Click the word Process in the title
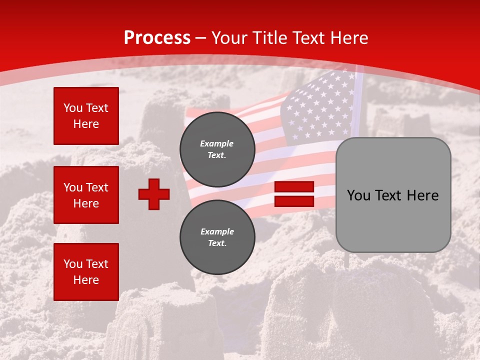pyautogui.click(x=157, y=38)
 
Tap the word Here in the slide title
pyautogui.click(x=347, y=38)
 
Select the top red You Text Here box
pyautogui.click(x=86, y=116)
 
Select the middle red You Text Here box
pyautogui.click(x=86, y=195)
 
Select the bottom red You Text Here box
pyautogui.click(x=86, y=271)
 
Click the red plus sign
pyautogui.click(x=154, y=194)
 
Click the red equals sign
pyautogui.click(x=294, y=194)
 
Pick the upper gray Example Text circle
pyautogui.click(x=217, y=149)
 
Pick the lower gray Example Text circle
pyautogui.click(x=217, y=237)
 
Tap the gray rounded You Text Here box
pyautogui.click(x=393, y=195)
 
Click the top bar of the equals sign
pyautogui.click(x=294, y=187)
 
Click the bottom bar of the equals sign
pyautogui.click(x=294, y=201)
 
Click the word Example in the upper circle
pyautogui.click(x=217, y=143)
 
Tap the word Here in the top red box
pyautogui.click(x=86, y=124)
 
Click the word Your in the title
pyautogui.click(x=229, y=38)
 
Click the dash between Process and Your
pyautogui.click(x=200, y=38)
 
